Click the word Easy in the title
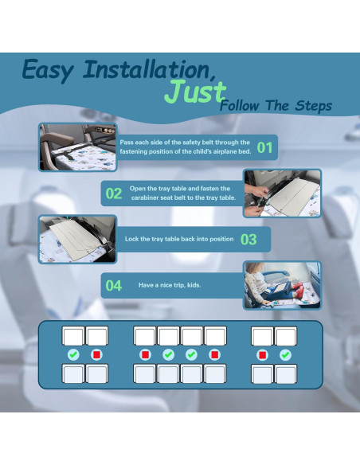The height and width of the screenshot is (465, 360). point(49,70)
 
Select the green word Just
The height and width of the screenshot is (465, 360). point(194,92)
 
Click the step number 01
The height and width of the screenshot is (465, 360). point(264,147)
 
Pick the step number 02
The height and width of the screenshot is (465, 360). point(114,193)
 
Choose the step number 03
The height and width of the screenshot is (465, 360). point(248,239)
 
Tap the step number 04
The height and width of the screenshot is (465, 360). point(114,285)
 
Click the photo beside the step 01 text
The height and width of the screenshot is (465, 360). point(77,147)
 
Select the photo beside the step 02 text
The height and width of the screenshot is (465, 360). point(282,193)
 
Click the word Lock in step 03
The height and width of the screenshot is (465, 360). point(131,239)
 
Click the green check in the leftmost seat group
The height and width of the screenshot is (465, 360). point(73,354)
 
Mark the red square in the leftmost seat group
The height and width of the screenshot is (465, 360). point(97,354)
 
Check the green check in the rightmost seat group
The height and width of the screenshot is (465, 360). point(285,354)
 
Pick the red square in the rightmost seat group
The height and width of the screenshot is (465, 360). point(262,354)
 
